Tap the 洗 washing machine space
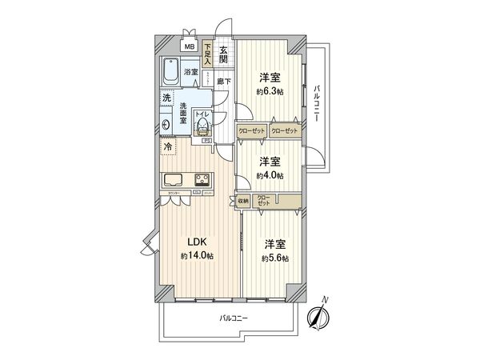pyautogui.click(x=166, y=98)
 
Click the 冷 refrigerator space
pyautogui.click(x=169, y=147)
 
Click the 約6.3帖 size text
pyautogui.click(x=269, y=93)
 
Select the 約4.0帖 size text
pyautogui.click(x=269, y=174)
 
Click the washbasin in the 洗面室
pyautogui.click(x=166, y=124)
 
